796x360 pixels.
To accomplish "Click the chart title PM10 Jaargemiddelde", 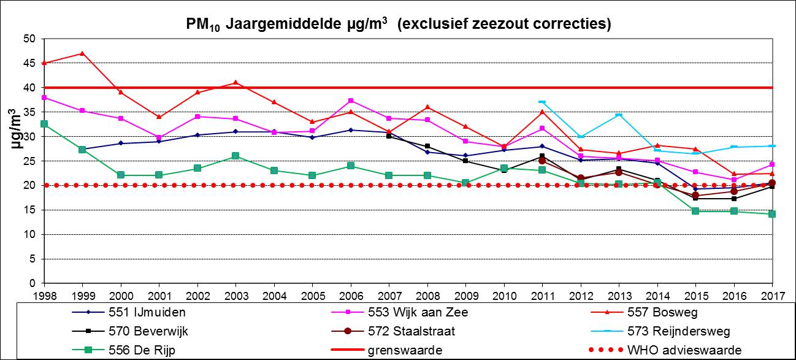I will pos(399,24).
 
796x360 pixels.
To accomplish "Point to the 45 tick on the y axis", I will pos(30,63).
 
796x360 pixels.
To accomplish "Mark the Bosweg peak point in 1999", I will pos(82,53).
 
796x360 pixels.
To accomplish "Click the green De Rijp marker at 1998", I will pos(44,124).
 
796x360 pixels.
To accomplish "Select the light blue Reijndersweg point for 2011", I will pos(542,102).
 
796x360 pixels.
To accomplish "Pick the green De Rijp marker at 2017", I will pos(772,214).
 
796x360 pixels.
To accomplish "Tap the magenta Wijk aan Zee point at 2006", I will pos(351,101).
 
